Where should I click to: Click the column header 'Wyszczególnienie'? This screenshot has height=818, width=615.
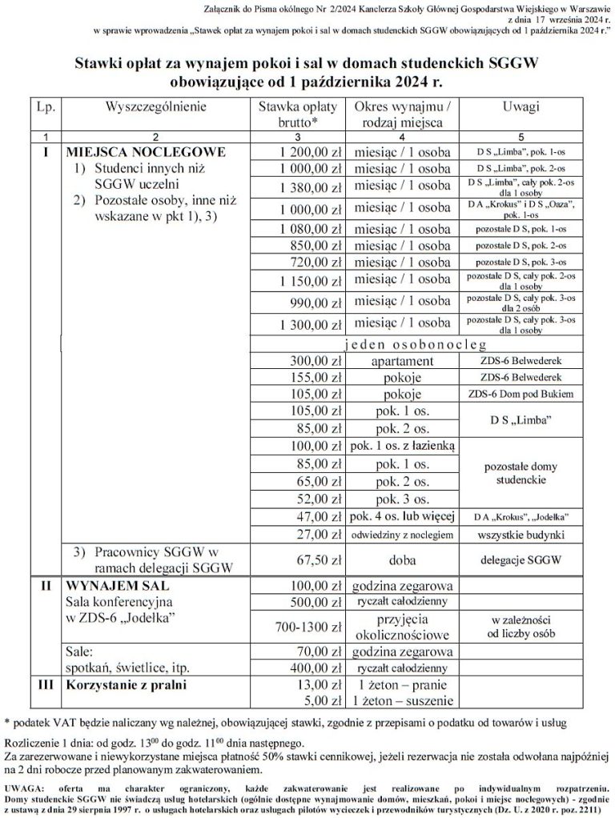click(155, 106)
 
